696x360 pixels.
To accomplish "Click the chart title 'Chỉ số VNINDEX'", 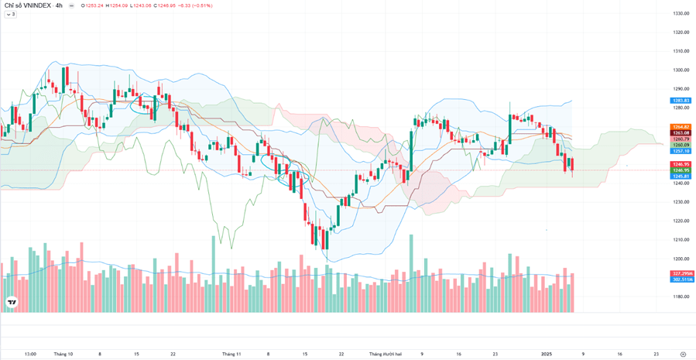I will click(26, 5).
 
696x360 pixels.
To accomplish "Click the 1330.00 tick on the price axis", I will click(681, 14).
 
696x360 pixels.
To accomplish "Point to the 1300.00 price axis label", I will click(681, 70).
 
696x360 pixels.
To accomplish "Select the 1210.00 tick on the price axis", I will click(681, 240).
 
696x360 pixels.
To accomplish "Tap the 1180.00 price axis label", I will click(681, 297).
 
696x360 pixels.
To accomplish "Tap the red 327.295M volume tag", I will click(682, 273).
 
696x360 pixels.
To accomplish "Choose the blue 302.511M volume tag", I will click(682, 279).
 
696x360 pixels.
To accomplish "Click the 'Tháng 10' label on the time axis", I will click(63, 354).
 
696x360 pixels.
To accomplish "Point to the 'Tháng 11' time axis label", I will click(231, 354).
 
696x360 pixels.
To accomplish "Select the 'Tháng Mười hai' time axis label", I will click(386, 354).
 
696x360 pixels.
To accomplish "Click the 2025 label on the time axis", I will click(547, 354).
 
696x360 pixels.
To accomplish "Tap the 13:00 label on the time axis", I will click(29, 354).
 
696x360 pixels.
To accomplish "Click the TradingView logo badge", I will click(12, 303).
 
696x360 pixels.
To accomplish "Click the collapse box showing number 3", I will click(11, 15).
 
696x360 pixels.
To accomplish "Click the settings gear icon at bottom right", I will click(682, 354).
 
